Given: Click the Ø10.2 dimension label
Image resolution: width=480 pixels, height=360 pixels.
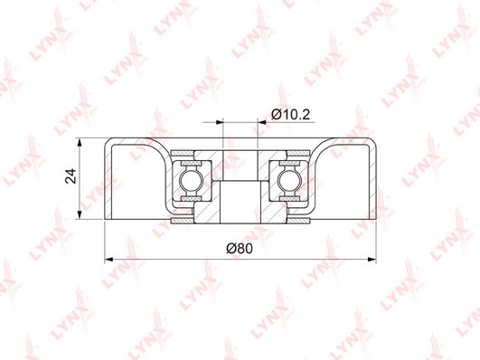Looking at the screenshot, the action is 290,115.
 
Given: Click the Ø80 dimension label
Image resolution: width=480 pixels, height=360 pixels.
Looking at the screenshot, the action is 240,248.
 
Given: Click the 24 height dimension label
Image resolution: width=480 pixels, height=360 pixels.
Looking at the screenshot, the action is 71,175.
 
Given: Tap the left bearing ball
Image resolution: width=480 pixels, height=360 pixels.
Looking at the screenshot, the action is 191,180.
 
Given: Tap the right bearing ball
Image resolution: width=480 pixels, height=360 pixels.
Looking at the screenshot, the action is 289,180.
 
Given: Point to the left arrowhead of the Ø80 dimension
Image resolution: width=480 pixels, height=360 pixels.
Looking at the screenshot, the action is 108,260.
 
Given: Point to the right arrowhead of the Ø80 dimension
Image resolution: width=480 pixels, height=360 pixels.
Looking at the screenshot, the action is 372,260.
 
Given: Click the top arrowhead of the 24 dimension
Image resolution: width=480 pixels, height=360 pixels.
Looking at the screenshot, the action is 80,142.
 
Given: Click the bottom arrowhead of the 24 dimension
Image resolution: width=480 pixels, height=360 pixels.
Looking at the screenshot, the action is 80,215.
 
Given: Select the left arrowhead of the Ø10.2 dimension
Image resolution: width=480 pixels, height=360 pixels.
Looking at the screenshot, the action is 220,122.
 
